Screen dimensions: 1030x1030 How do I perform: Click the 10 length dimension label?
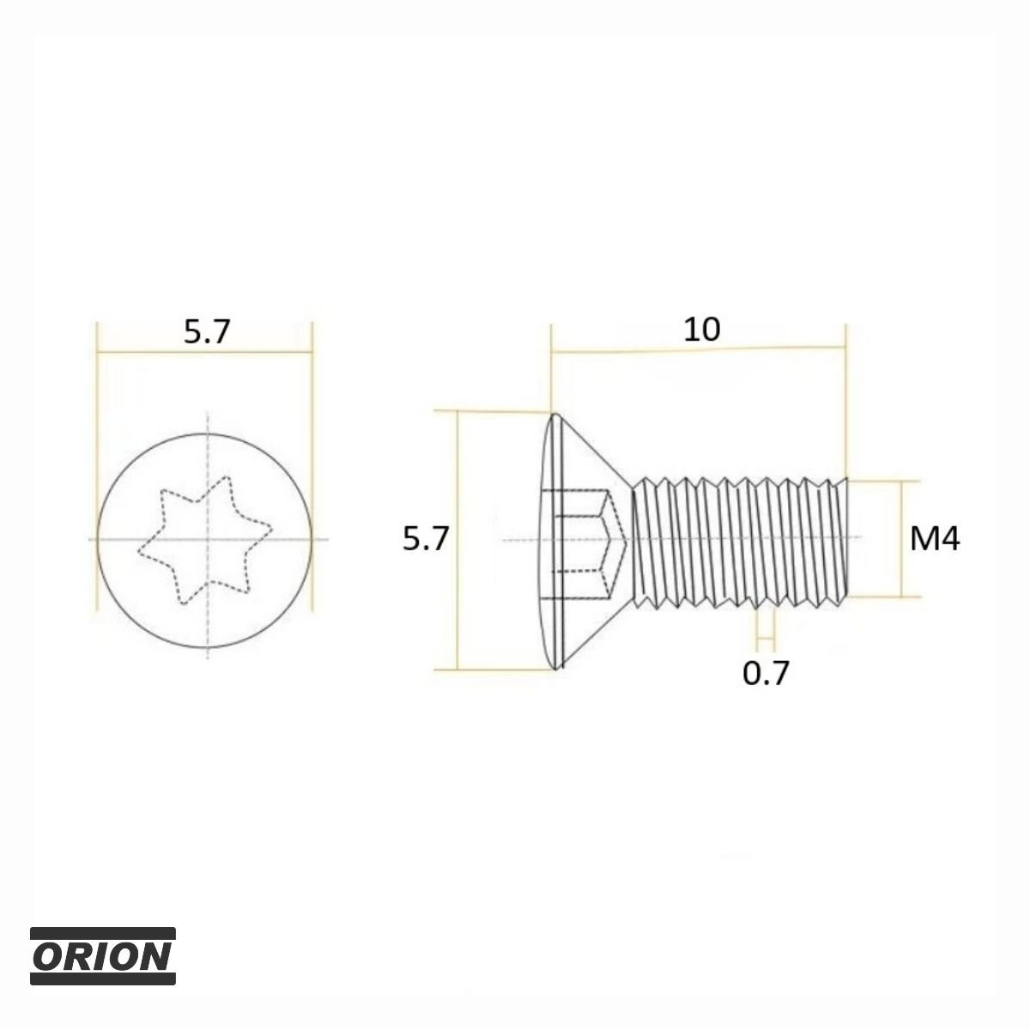coord(702,330)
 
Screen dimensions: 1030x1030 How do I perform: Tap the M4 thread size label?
coord(935,539)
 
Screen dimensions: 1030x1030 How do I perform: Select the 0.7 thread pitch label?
coord(766,673)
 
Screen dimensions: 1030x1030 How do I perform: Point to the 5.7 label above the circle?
coord(206,331)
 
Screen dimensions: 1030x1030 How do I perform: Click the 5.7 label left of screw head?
coord(425,538)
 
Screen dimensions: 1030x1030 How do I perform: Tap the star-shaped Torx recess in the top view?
coord(205,540)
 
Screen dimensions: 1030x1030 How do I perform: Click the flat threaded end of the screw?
coord(845,541)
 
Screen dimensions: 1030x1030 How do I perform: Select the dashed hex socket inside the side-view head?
coord(591,540)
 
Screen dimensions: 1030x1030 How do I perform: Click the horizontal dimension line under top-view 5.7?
coord(204,352)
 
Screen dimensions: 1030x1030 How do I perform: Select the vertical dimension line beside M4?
coord(902,539)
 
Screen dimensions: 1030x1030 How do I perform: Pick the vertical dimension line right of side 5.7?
coord(457,540)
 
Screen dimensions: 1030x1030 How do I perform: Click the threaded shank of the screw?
coord(740,541)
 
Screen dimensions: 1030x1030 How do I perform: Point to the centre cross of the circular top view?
coord(208,539)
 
